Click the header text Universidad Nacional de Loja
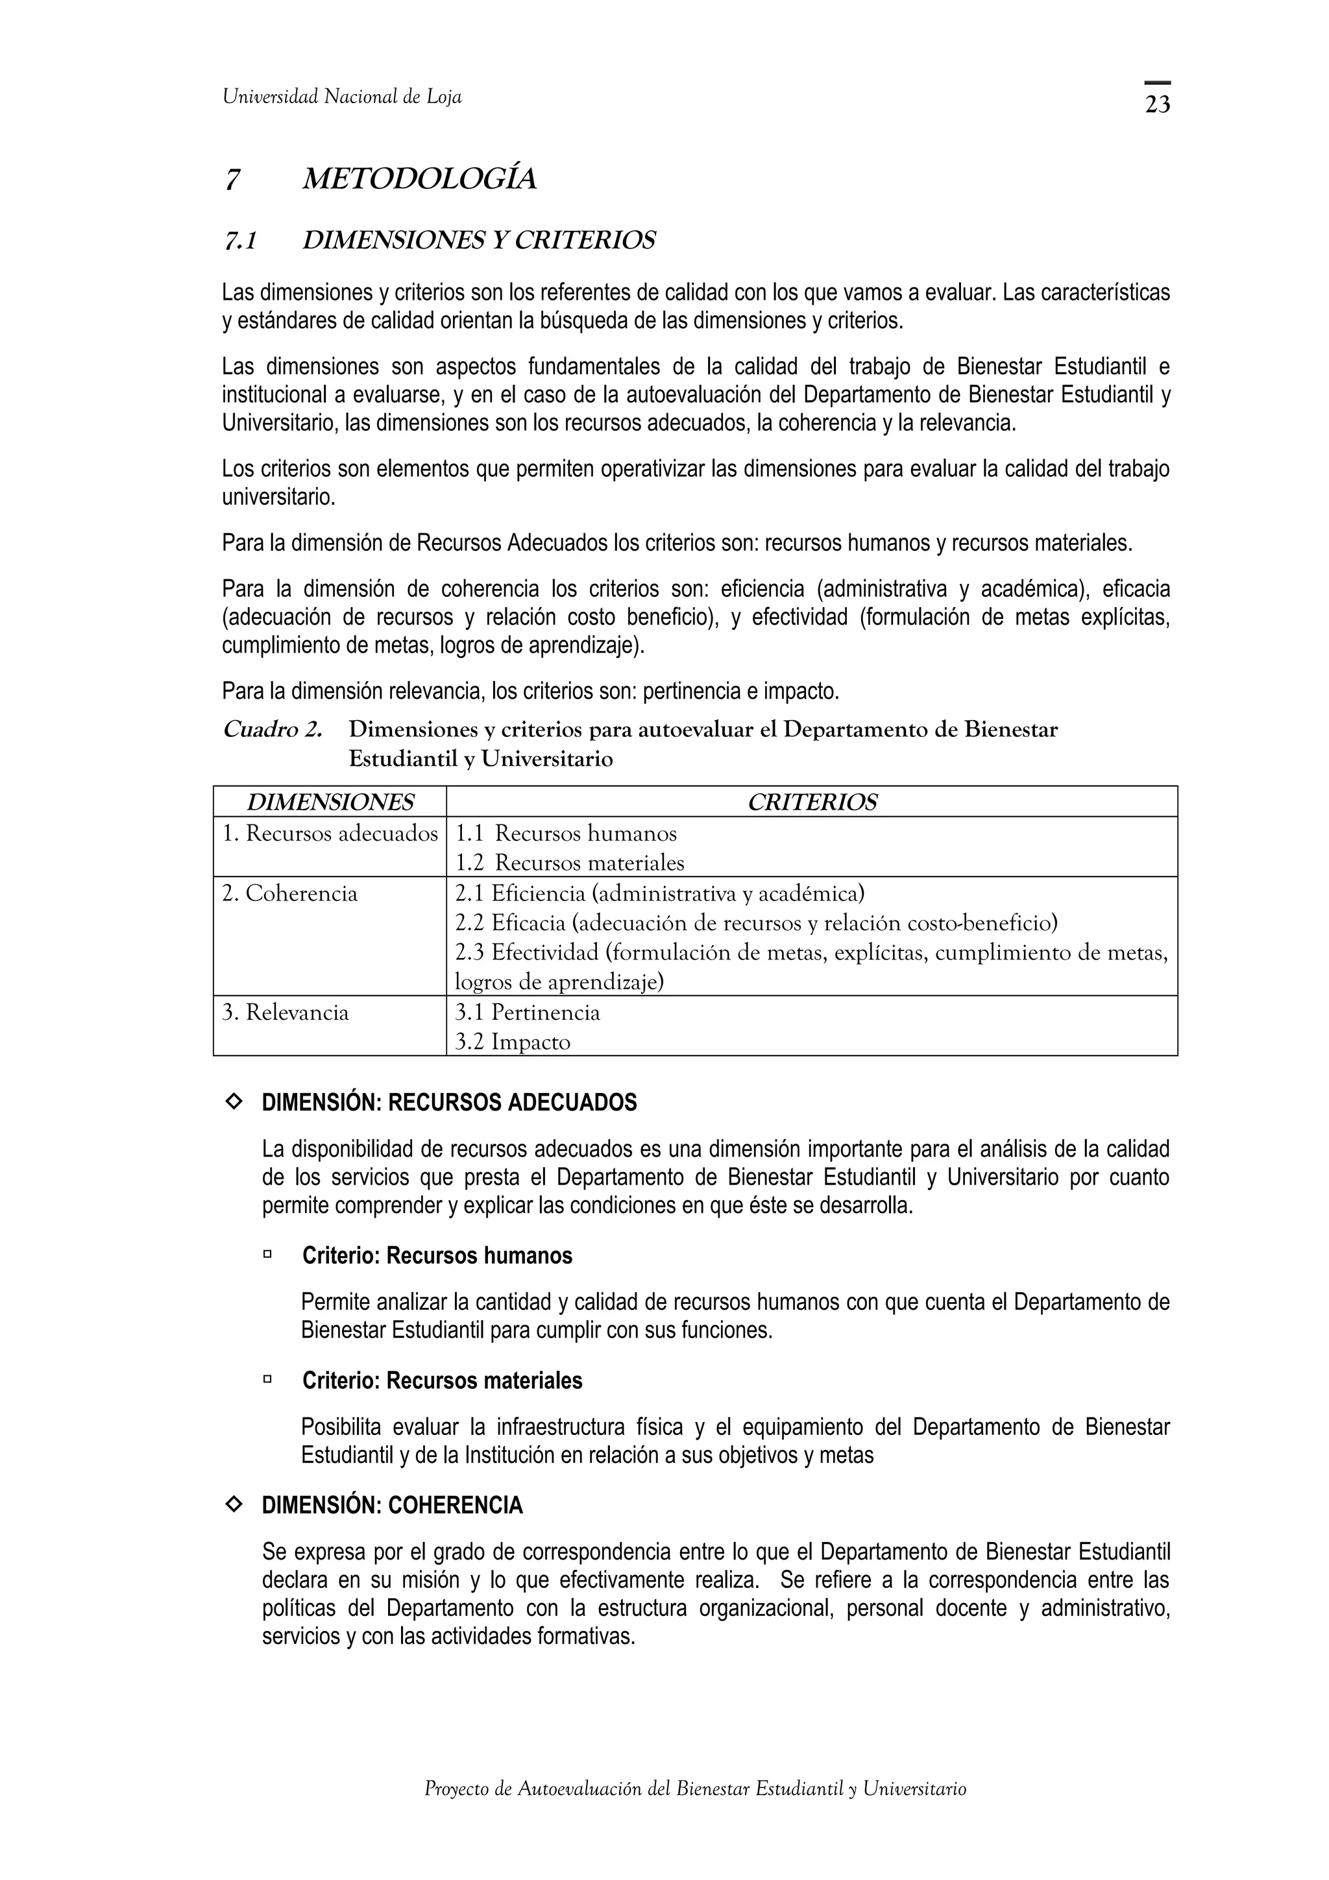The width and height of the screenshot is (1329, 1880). point(342,97)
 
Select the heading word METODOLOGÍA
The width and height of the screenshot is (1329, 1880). point(419,179)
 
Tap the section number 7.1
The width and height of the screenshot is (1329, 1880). point(240,241)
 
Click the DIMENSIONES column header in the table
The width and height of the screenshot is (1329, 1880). point(330,802)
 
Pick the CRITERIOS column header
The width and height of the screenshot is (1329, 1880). point(812,802)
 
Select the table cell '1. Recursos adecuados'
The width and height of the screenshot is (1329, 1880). point(330,834)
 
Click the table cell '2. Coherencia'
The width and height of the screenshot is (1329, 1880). point(290,893)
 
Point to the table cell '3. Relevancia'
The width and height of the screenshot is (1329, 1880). point(286,1013)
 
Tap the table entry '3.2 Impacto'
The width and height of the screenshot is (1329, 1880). point(513,1042)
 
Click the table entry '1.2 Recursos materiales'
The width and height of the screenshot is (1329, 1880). point(569,863)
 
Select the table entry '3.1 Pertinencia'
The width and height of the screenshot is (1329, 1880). point(528,1013)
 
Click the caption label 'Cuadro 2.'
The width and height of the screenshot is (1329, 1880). point(273,730)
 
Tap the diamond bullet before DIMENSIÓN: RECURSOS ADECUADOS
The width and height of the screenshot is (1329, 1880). point(234,1102)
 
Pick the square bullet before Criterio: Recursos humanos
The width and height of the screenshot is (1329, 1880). point(267,1253)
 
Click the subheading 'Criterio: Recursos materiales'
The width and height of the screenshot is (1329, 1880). point(442,1380)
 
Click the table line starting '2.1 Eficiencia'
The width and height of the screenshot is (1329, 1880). point(659,893)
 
